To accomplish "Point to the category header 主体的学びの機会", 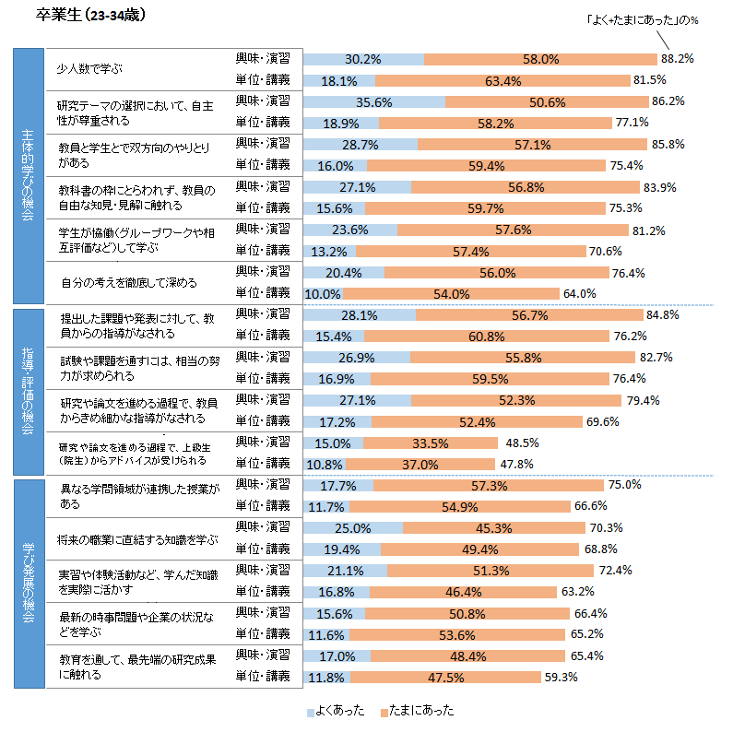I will [28, 176].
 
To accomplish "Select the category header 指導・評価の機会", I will [28, 389].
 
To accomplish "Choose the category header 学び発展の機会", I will [28, 582].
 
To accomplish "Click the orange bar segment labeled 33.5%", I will [430, 443].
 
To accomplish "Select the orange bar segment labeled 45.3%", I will [494, 528].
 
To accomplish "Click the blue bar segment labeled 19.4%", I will [341, 549].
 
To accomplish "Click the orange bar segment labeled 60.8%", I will [491, 336].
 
